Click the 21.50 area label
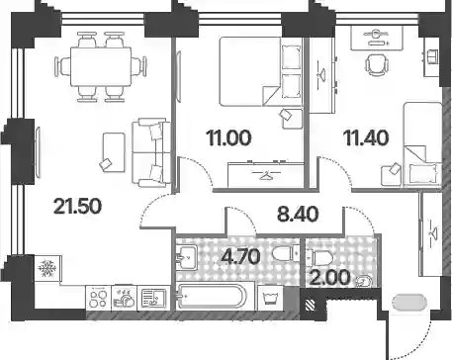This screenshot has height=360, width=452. coord(77,207)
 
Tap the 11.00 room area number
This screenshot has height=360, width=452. coord(228,137)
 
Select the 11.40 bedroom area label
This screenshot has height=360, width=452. coord(366,137)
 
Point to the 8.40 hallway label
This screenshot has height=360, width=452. coord(298,214)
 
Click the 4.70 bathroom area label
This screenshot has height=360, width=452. coord(241,256)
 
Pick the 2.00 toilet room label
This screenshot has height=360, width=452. coord(330,278)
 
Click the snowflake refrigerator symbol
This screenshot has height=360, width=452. coord(47,268)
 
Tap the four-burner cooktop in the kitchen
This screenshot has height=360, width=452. coord(98,298)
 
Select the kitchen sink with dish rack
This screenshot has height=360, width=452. coord(153,298)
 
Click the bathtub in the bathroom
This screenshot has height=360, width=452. coord(212,297)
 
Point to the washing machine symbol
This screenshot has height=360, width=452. coord(270,298)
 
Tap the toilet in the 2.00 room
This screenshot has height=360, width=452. coord(319,257)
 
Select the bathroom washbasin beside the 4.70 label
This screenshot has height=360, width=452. coord(187,257)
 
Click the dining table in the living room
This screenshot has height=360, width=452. coord(101,67)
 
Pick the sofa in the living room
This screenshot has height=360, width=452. coord(151,152)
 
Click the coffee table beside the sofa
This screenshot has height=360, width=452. coord(114,152)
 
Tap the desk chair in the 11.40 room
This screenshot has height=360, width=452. coord(377,65)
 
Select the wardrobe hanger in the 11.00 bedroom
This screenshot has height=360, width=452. coord(266,175)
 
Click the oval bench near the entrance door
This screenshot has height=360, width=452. coord(409,303)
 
